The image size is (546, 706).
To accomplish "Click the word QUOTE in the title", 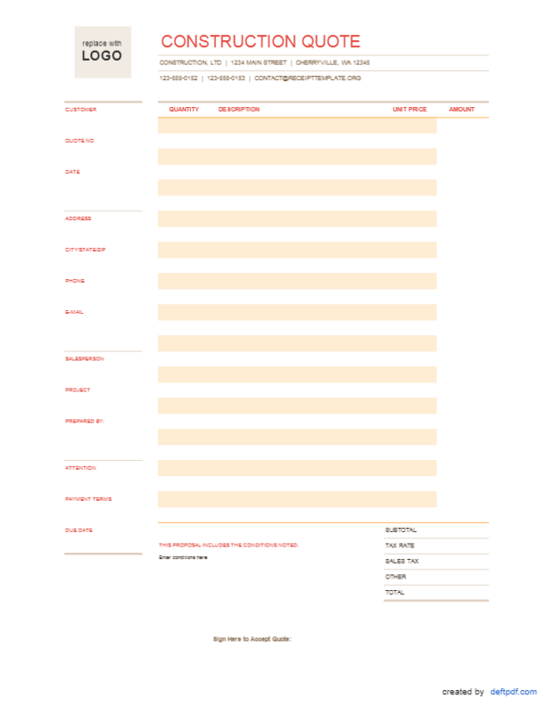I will coord(330,42).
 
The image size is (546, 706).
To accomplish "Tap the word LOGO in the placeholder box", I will coord(102,56).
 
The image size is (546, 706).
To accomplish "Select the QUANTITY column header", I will coord(184,110).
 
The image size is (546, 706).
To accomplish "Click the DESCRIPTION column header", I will coord(239,110).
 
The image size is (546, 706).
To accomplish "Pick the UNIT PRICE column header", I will coord(409,110).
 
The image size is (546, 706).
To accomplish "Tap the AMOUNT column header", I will coord(461,110).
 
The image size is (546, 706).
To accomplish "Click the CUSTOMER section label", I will coord(80,109).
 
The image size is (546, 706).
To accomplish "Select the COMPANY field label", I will coord(79,140).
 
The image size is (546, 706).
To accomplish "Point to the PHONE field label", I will coord(74,281).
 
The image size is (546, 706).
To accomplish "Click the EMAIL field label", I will coord(74,312).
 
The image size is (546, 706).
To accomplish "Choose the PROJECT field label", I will coord(78,390).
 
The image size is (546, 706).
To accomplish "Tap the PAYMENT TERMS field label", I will coord(88,498).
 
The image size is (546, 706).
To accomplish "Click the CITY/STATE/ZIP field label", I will coord(86,250).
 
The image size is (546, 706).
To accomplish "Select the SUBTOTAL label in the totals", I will coord(401,529).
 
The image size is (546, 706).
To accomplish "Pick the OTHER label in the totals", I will coord(395,576).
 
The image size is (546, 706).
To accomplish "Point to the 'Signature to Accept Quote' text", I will coord(252,639).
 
